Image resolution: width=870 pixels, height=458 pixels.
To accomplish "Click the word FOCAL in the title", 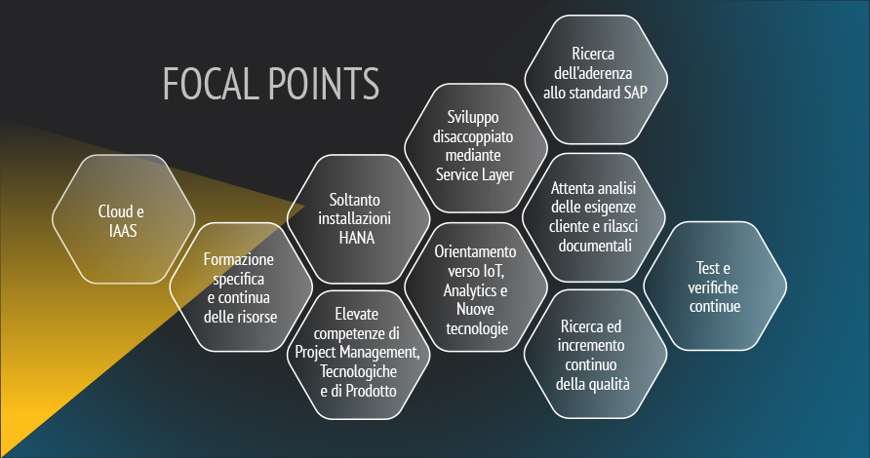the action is (211, 83).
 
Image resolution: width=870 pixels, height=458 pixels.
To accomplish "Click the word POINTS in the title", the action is (325, 83).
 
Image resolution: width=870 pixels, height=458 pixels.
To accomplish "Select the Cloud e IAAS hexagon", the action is (123, 219).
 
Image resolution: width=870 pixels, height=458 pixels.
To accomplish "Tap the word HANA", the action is (357, 238).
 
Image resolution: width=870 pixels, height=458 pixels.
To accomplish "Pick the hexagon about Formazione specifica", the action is (241, 287).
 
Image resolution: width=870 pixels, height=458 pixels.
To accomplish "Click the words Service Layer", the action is (475, 175).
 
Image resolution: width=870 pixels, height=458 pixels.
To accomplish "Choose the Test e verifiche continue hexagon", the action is (715, 286).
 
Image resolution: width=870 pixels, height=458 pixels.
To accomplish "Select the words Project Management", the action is (357, 352).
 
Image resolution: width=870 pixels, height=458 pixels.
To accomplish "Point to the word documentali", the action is (595, 246).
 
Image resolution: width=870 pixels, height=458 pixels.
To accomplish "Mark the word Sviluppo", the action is (473, 118).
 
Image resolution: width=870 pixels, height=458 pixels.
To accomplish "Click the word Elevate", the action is (357, 315).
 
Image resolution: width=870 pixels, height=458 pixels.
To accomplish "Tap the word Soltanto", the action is (355, 200).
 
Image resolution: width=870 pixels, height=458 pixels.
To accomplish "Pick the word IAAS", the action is (123, 231).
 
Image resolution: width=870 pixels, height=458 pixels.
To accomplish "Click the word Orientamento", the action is (475, 251).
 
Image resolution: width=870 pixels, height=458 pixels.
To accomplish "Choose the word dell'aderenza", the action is (593, 73).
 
